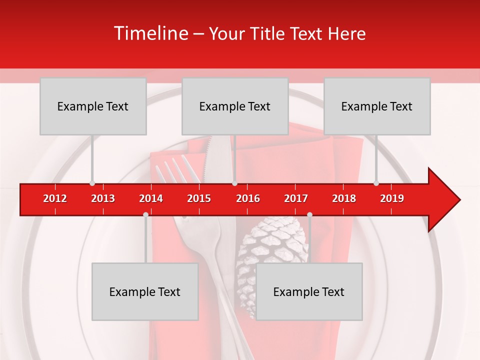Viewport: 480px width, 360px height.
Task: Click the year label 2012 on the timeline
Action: [x=55, y=198]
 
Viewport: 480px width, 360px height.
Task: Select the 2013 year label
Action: [x=103, y=198]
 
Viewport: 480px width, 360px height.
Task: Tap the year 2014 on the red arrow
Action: [x=151, y=198]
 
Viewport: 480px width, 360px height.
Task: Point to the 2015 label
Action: [x=199, y=198]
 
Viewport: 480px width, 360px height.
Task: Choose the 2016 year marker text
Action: [x=248, y=198]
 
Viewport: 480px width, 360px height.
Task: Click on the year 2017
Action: [x=296, y=198]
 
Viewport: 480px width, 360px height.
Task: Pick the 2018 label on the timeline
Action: [x=344, y=198]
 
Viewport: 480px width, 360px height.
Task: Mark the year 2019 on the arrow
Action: [x=392, y=198]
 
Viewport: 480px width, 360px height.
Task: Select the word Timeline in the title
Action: [x=150, y=33]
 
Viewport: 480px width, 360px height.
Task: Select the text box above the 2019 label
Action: [x=377, y=106]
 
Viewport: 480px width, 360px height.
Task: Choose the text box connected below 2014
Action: [x=145, y=292]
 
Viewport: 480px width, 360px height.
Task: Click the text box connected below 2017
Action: [x=309, y=292]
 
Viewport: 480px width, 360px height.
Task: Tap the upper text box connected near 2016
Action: [x=235, y=106]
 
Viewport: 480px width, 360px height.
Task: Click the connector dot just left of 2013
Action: [x=92, y=183]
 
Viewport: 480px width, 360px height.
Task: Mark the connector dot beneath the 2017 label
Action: [x=309, y=214]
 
